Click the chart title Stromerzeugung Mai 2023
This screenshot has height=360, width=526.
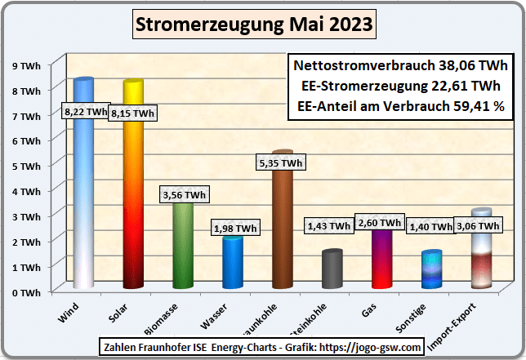(x=254, y=25)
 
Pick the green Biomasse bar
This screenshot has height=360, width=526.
(x=183, y=245)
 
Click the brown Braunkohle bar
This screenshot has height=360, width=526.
(x=282, y=229)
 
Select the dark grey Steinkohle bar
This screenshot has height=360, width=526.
(x=332, y=269)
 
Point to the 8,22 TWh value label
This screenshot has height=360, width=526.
(x=86, y=112)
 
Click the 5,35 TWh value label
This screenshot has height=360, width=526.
(x=280, y=164)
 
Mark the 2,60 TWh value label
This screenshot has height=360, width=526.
(x=380, y=222)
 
